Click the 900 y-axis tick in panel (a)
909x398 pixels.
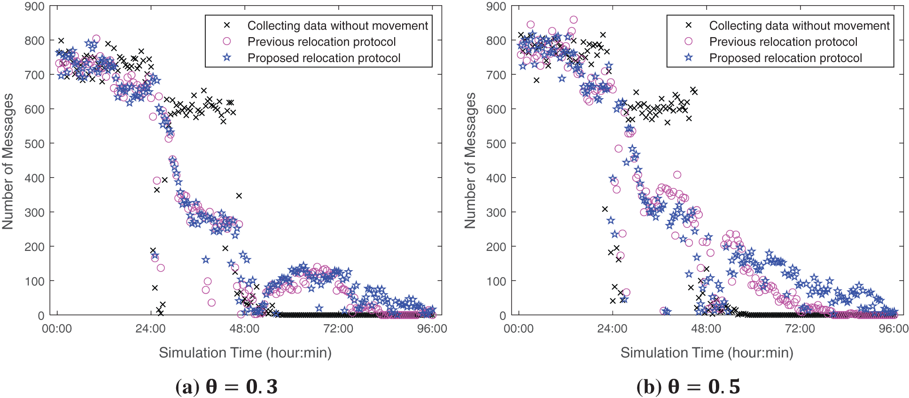[x=35, y=7]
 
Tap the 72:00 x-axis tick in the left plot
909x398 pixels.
[x=338, y=328]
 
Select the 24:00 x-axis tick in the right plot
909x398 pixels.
[x=612, y=328]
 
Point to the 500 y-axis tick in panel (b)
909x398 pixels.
[x=497, y=144]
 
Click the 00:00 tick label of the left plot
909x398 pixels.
[x=57, y=328]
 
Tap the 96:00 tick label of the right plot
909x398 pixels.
[x=893, y=328]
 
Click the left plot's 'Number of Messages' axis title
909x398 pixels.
[x=8, y=161]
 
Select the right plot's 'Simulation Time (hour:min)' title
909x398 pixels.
[x=707, y=352]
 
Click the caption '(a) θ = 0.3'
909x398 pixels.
[x=226, y=387]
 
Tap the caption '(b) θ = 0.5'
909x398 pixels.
[x=688, y=387]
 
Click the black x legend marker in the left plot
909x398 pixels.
[x=227, y=25]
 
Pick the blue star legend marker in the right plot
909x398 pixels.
[x=689, y=58]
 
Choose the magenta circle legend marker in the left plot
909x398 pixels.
[x=227, y=41]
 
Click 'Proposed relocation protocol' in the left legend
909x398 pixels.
[x=324, y=58]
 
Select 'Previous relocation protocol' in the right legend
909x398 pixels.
[x=783, y=42]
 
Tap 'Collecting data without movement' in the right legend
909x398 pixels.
[x=799, y=25]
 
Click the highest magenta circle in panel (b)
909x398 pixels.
[x=574, y=20]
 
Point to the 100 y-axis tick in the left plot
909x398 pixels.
[x=35, y=281]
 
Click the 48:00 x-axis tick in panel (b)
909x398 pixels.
[x=706, y=328]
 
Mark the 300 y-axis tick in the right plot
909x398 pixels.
[x=497, y=212]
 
